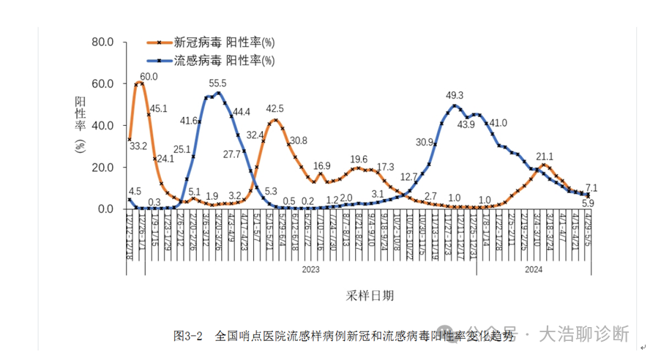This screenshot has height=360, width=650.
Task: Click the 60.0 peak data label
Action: point(149,77)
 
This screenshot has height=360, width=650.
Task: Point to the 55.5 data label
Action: point(217,83)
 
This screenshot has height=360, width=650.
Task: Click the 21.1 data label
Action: point(545,156)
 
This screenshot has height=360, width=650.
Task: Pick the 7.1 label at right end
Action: point(591,187)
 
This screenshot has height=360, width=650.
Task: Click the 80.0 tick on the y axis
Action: point(101,42)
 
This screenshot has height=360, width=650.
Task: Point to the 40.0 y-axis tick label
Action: point(101,125)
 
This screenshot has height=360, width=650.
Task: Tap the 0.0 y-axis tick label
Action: point(104,209)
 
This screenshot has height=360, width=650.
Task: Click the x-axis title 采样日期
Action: point(370,296)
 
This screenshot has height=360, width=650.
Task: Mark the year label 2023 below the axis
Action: point(311,269)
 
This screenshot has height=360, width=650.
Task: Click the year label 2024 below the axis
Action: point(534,269)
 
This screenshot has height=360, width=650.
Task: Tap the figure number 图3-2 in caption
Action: point(188,336)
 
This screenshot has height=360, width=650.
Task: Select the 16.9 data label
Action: point(322,166)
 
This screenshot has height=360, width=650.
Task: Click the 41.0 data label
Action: point(498,123)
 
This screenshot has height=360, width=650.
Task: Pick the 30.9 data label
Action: point(425,142)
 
